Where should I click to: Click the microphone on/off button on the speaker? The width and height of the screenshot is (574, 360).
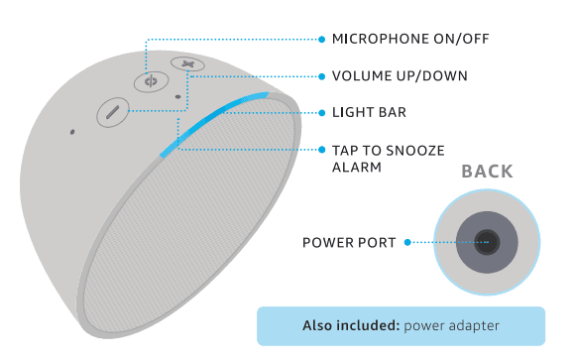coord(151,81)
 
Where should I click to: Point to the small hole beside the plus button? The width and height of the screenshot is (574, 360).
coord(177,97)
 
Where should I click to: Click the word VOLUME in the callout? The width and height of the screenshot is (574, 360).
coord(356,76)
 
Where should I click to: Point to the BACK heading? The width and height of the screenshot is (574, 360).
coord(487,172)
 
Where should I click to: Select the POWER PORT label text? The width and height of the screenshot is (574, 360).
coord(349,242)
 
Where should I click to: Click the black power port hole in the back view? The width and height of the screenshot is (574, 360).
coord(486,241)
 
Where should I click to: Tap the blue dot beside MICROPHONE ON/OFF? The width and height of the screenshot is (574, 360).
coord(321,40)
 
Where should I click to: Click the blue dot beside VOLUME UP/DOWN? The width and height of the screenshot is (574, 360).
coord(321,76)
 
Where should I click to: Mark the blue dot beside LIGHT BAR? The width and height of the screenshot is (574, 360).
coord(321,113)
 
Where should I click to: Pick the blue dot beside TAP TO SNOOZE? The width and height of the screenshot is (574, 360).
coord(321,150)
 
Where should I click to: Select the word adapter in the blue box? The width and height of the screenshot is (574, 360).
coord(471,326)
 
